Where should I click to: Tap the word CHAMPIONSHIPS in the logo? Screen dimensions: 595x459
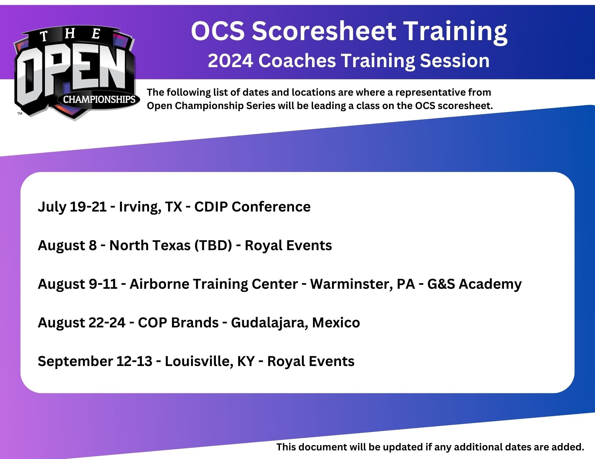99,99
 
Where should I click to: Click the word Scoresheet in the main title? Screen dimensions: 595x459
324,31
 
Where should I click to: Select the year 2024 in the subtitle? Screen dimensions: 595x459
230,61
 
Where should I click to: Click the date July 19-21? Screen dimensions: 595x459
72,206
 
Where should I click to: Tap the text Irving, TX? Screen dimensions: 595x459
151,207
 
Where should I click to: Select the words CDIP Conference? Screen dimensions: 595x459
253,206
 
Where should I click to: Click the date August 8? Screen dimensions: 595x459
67,245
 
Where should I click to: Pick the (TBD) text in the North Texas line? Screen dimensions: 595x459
213,245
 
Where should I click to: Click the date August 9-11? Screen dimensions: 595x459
78,284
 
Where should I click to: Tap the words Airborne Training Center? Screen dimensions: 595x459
214,284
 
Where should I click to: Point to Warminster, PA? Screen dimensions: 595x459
363,284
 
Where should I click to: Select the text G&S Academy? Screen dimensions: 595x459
475,284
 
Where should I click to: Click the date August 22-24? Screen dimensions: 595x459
82,323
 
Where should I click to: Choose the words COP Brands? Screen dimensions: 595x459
178,322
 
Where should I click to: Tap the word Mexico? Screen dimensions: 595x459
336,322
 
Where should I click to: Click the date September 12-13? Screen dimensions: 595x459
95,361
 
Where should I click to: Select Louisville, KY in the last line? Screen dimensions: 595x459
210,361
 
